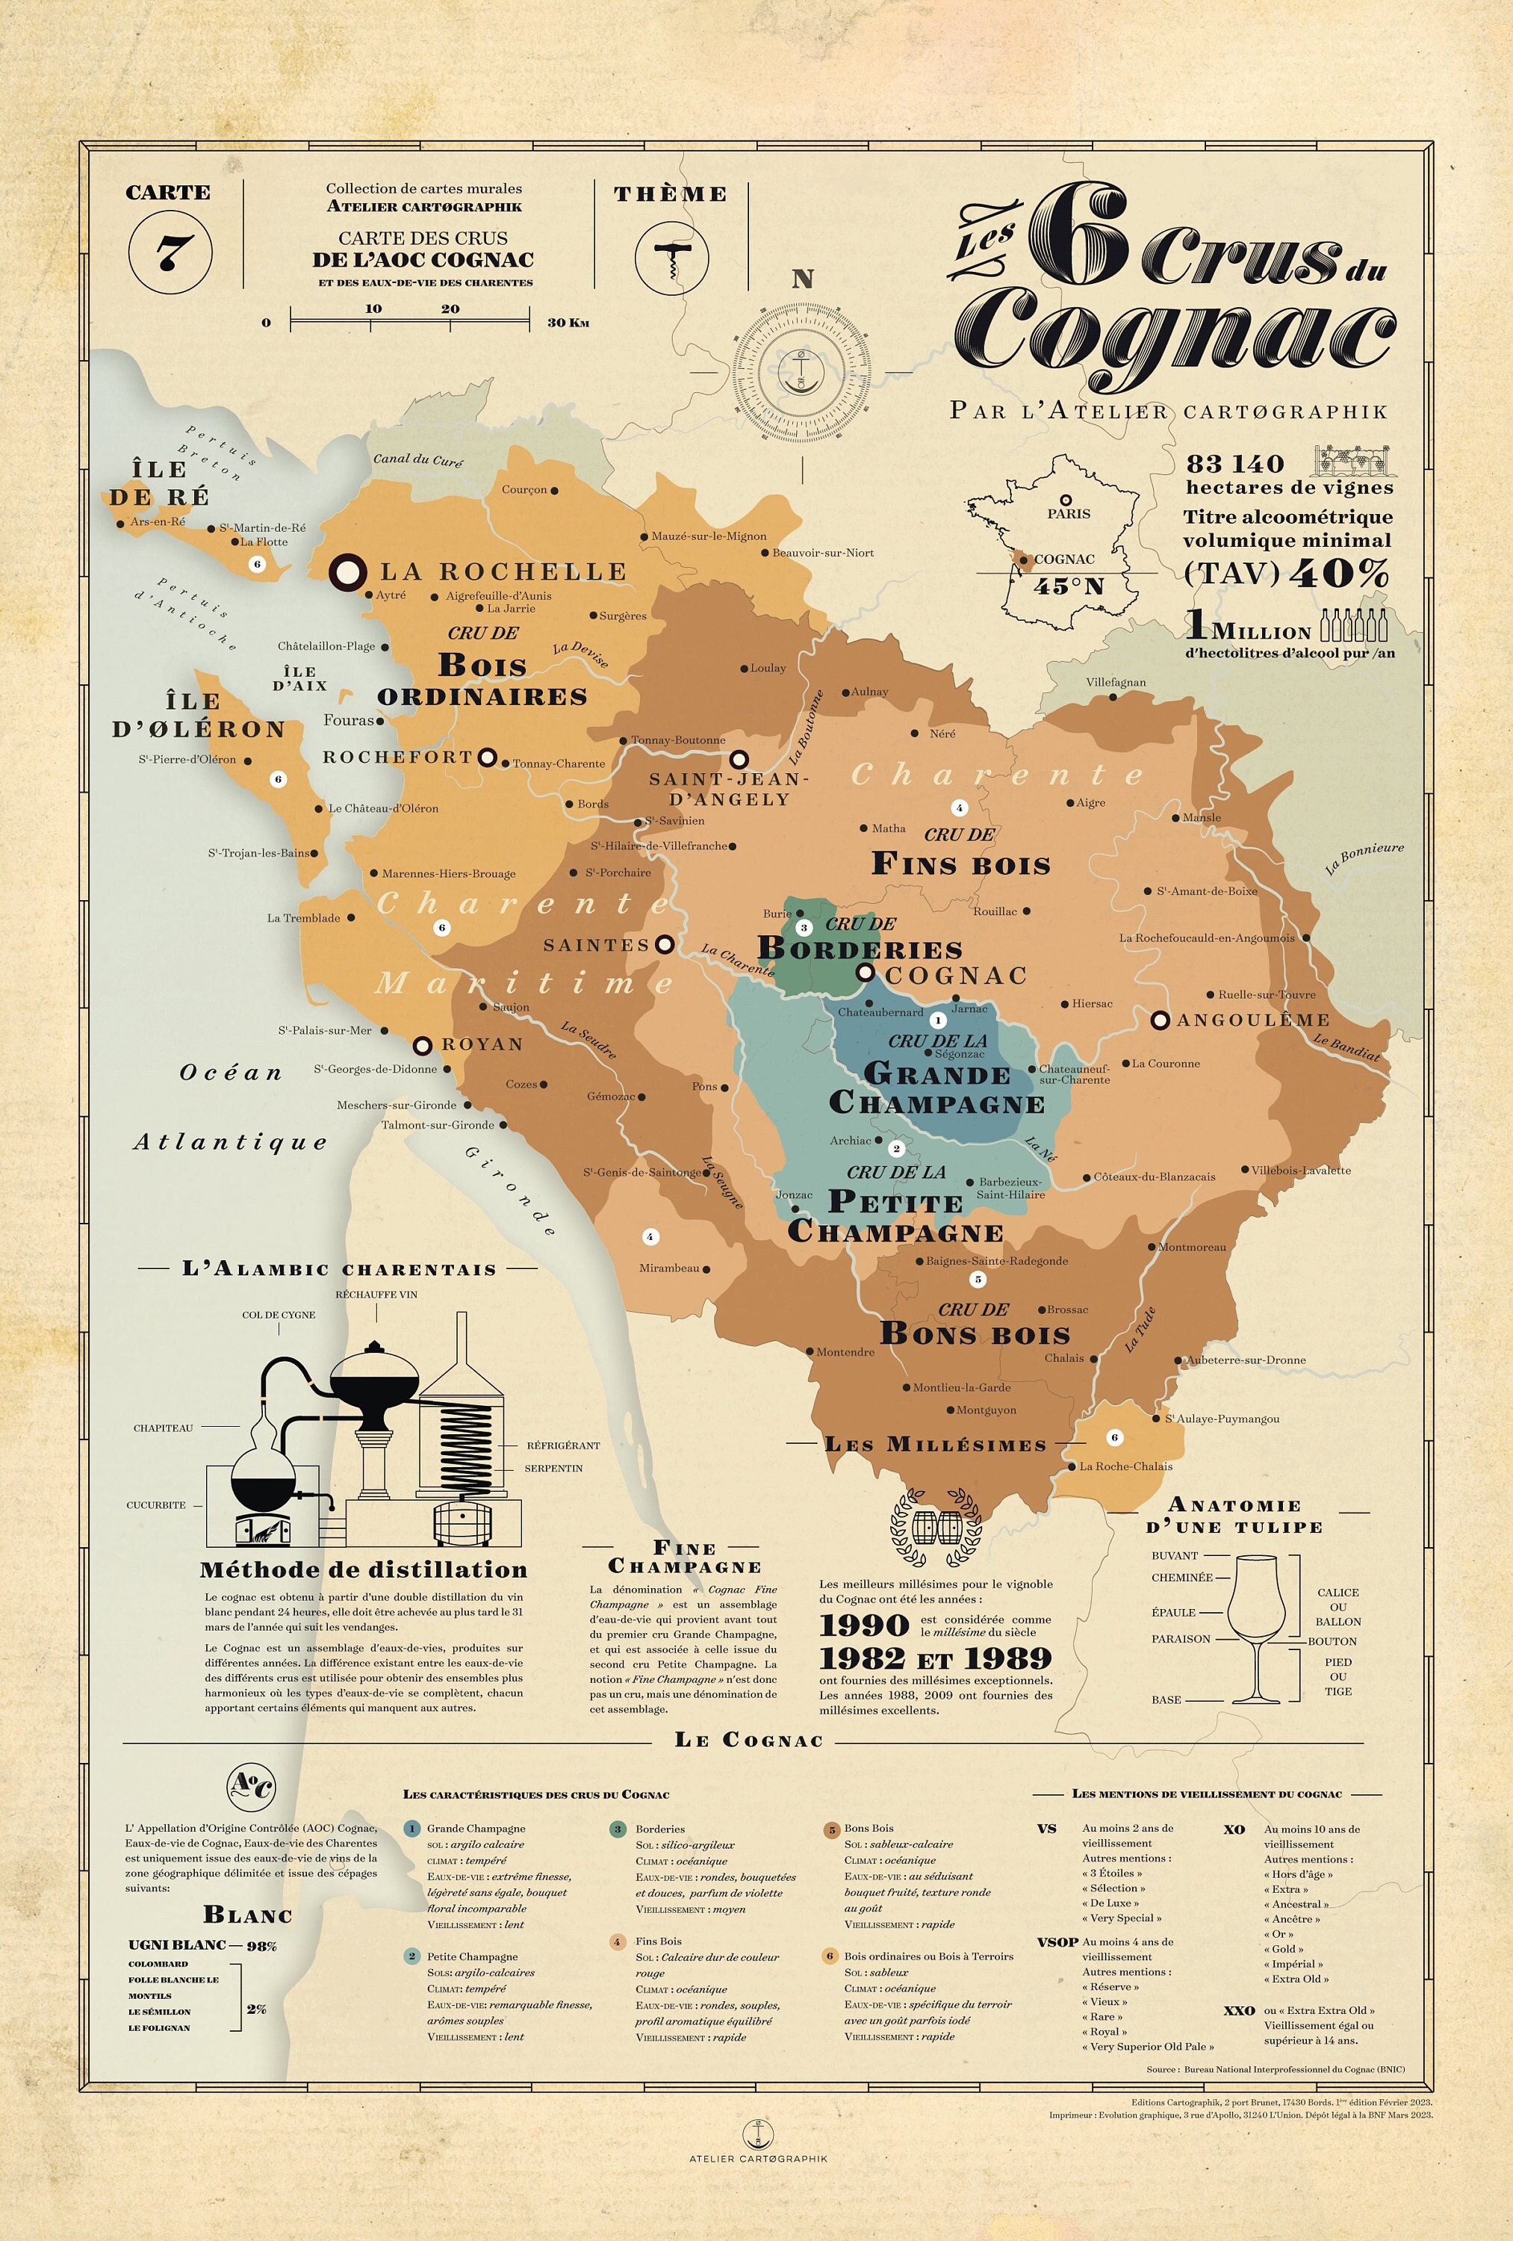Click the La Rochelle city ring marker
pyautogui.click(x=347, y=571)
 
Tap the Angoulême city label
pyautogui.click(x=1252, y=1019)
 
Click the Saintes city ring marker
pyautogui.click(x=663, y=944)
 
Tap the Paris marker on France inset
pyautogui.click(x=1066, y=500)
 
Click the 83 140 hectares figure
pyautogui.click(x=1235, y=464)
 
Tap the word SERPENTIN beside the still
pyautogui.click(x=553, y=1468)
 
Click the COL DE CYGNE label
pyautogui.click(x=279, y=1314)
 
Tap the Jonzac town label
pyautogui.click(x=794, y=1194)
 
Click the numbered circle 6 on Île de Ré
pyautogui.click(x=256, y=564)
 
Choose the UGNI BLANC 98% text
pyautogui.click(x=202, y=1945)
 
